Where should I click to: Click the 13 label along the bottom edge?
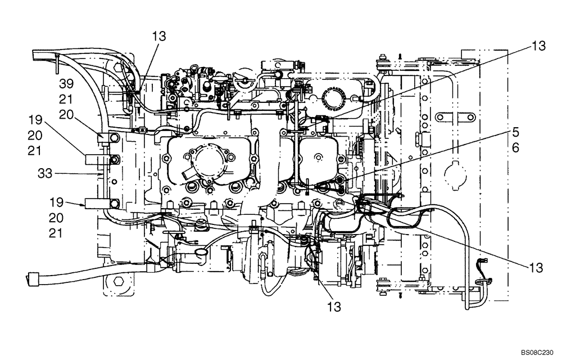[x=335, y=307]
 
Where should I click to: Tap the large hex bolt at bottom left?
[x=119, y=281]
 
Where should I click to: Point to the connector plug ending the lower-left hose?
[x=32, y=277]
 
